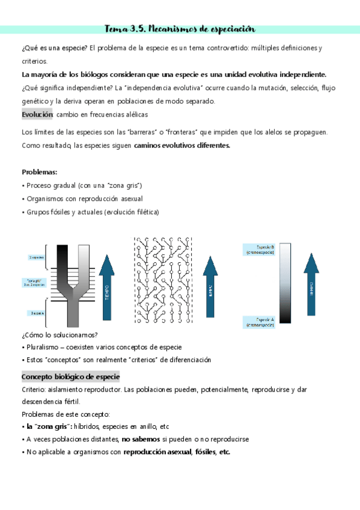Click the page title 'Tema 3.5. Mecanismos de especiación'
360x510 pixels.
[180, 28]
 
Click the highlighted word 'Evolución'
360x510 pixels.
[37, 114]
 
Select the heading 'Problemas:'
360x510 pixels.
[40, 172]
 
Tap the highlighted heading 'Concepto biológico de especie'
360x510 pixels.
[71, 376]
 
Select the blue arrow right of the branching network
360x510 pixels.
[210, 286]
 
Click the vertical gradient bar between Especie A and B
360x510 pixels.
[284, 285]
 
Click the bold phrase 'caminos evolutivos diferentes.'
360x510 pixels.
[182, 146]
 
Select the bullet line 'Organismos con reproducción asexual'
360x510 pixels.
[84, 198]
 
